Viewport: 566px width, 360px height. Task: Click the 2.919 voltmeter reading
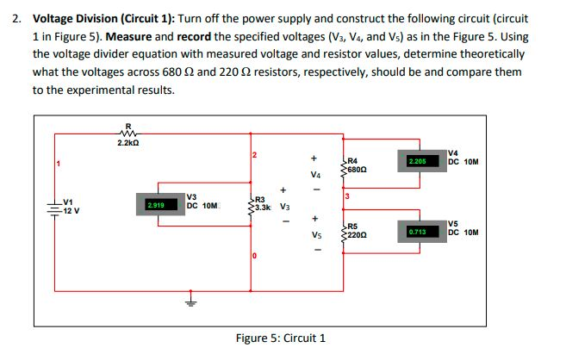[x=156, y=206]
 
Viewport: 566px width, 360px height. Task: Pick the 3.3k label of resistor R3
[x=263, y=208]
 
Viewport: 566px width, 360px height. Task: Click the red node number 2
[x=255, y=154]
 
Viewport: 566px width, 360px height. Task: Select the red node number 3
[x=346, y=197]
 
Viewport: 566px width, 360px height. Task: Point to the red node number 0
[x=254, y=257]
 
